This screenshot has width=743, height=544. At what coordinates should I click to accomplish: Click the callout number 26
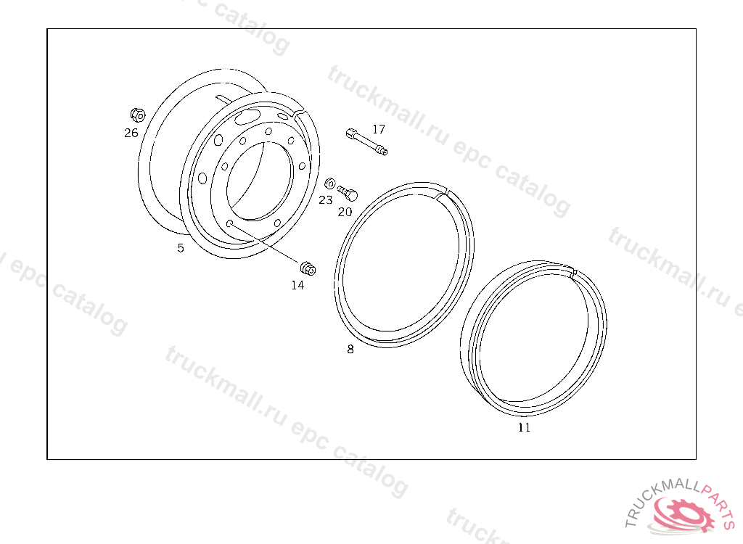click(131, 133)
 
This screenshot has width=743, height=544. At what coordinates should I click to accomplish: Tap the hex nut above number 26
click(138, 115)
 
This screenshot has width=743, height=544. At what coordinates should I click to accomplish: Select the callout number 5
click(181, 248)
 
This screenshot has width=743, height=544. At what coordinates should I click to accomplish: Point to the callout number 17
click(379, 129)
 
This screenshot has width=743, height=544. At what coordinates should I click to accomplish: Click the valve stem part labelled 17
click(366, 141)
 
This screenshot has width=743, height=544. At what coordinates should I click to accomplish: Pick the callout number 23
click(326, 200)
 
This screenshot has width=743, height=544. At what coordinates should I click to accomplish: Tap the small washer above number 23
click(330, 184)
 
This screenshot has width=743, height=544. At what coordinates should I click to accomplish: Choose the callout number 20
click(345, 212)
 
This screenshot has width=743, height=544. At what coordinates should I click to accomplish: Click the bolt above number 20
click(348, 193)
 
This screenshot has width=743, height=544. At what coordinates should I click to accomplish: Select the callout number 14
click(297, 285)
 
